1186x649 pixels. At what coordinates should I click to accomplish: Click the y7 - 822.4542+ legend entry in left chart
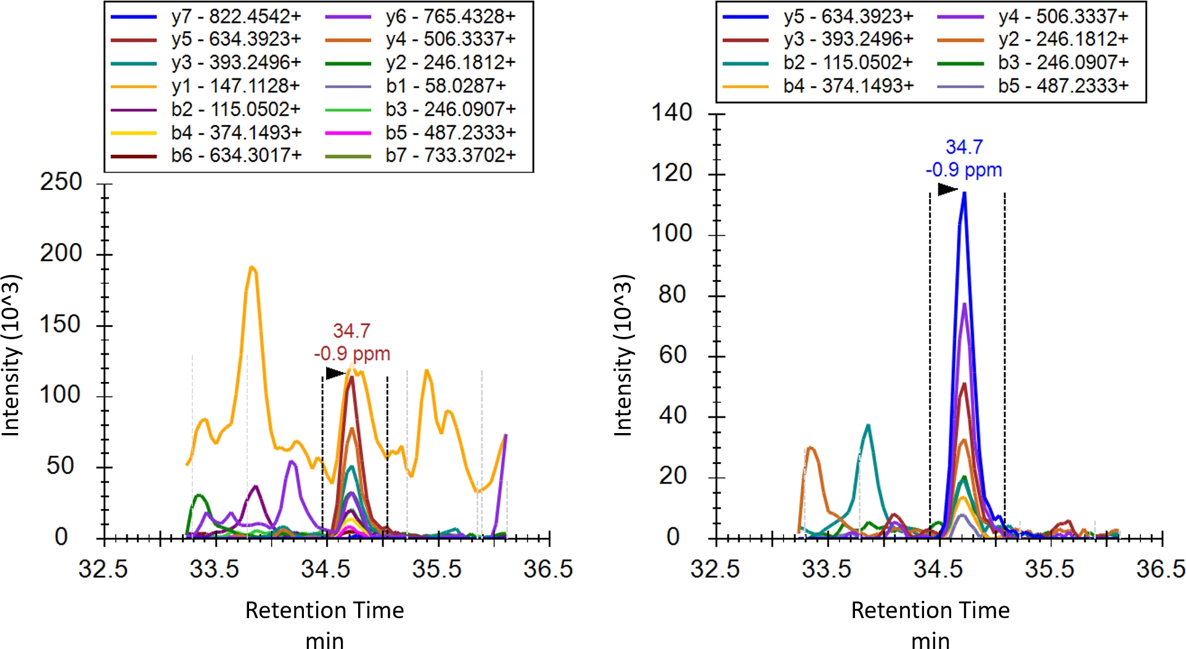[x=235, y=16]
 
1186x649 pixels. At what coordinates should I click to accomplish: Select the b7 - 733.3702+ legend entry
[x=450, y=155]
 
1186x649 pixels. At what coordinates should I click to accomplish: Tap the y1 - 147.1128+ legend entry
[x=235, y=85]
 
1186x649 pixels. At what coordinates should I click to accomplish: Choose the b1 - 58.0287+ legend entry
[x=445, y=85]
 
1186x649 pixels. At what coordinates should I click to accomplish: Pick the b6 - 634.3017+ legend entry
[x=236, y=155]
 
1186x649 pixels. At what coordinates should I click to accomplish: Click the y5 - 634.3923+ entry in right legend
[x=848, y=16]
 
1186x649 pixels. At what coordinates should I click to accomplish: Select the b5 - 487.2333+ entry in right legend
[x=1063, y=85]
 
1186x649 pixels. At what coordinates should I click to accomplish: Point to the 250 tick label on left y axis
[x=61, y=182]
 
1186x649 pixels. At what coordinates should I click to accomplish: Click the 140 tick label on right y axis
[x=672, y=112]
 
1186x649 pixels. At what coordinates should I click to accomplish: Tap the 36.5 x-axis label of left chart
[x=548, y=569]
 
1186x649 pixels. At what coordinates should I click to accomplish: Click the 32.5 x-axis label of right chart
[x=715, y=569]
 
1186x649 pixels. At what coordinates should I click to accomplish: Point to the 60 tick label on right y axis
[x=673, y=355]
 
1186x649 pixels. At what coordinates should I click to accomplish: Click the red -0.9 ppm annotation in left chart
[x=352, y=353]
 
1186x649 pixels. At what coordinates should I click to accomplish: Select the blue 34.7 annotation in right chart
[x=964, y=147]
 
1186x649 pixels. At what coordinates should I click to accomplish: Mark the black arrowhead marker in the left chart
[x=334, y=373]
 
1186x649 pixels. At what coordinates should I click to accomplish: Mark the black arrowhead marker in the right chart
[x=946, y=189]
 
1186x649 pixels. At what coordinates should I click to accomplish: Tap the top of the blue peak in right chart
[x=964, y=194]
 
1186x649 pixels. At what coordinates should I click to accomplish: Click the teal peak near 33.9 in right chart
[x=868, y=425]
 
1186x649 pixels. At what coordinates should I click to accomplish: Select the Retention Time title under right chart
[x=930, y=610]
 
